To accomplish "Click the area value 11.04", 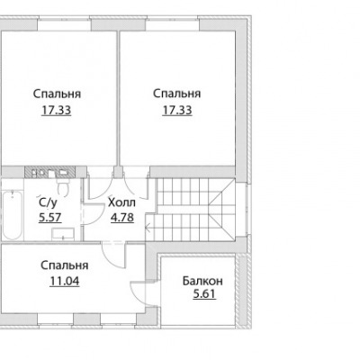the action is click(x=65, y=282).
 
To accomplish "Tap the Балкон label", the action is click(x=202, y=281).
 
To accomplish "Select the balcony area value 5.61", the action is click(x=204, y=294).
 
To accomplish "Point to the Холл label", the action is click(x=121, y=202).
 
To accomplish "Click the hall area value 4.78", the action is click(x=122, y=217).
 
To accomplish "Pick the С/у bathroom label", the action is click(x=48, y=202).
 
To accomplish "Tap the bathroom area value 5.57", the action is click(x=50, y=217).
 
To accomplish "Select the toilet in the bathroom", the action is click(x=63, y=187).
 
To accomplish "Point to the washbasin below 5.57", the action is click(x=63, y=234).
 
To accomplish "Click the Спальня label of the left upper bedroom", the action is click(x=57, y=94).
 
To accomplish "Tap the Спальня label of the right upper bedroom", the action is click(x=177, y=94).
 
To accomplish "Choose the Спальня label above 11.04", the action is click(x=65, y=265).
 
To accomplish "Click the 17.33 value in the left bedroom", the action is click(x=57, y=111).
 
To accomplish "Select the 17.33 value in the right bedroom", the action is click(x=177, y=111).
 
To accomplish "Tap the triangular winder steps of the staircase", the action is click(x=222, y=210).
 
